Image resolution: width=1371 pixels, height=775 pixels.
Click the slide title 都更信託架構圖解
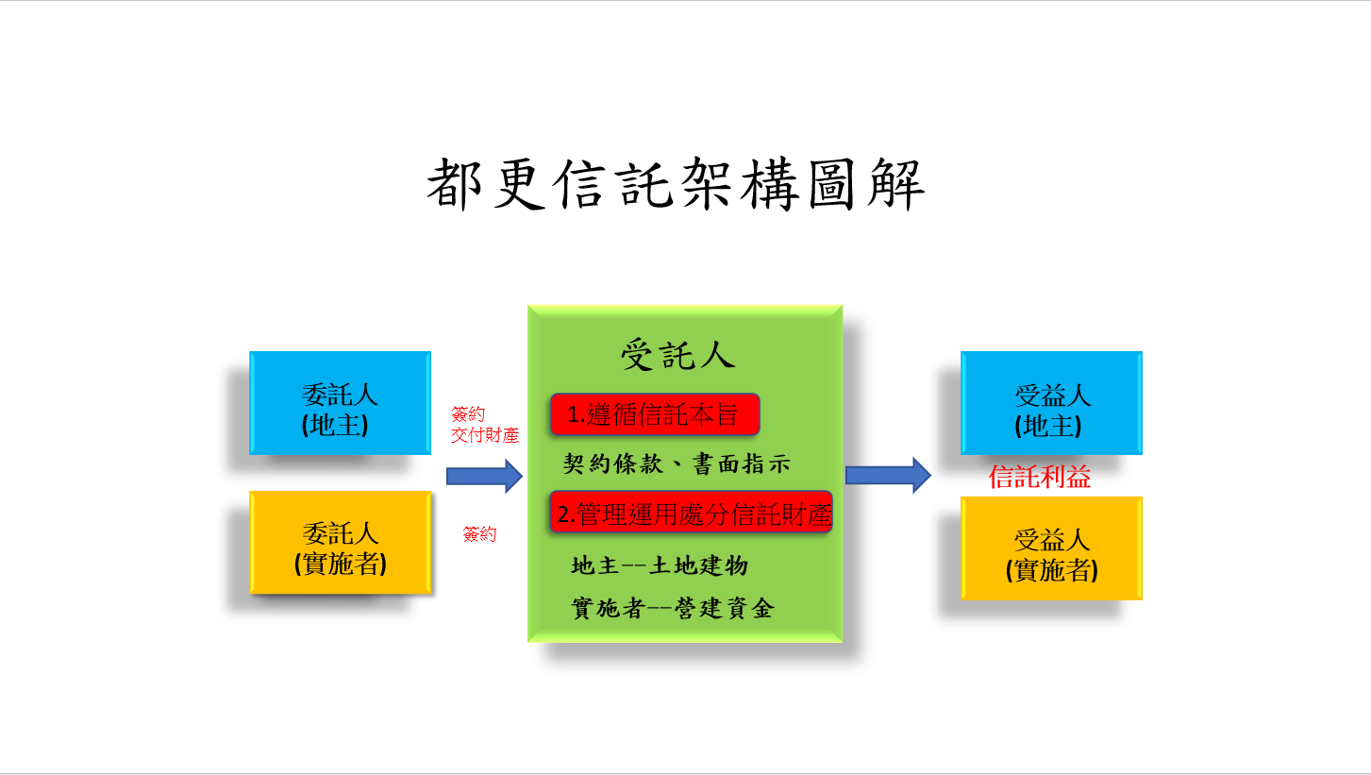pyautogui.click(x=676, y=184)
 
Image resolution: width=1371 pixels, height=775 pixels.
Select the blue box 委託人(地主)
pyautogui.click(x=341, y=403)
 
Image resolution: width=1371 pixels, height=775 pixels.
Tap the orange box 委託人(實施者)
pyautogui.click(x=341, y=543)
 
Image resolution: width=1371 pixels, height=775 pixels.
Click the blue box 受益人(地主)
pyautogui.click(x=1051, y=403)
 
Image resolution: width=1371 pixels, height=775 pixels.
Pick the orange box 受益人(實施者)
pyautogui.click(x=1051, y=548)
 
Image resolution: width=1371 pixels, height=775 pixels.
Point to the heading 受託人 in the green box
pyautogui.click(x=678, y=354)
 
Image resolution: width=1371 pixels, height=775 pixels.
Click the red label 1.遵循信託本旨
pyautogui.click(x=655, y=414)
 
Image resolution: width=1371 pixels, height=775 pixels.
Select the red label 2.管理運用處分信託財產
pyautogui.click(x=691, y=512)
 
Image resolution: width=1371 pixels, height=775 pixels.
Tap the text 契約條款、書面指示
pyautogui.click(x=677, y=463)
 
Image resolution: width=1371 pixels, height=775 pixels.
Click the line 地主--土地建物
pyautogui.click(x=660, y=565)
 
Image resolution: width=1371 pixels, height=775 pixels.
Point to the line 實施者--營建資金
pyautogui.click(x=673, y=608)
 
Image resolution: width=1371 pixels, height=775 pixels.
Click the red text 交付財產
pyautogui.click(x=485, y=435)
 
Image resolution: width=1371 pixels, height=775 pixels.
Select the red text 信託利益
pyautogui.click(x=1039, y=477)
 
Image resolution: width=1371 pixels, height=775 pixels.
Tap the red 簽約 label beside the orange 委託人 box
pyautogui.click(x=479, y=533)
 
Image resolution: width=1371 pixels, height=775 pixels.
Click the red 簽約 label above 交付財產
pyautogui.click(x=468, y=413)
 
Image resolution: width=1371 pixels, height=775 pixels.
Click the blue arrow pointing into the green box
pyautogui.click(x=484, y=476)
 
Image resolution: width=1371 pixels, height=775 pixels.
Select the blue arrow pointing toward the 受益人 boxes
pyautogui.click(x=888, y=475)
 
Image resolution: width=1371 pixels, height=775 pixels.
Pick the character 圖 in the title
pyautogui.click(x=831, y=184)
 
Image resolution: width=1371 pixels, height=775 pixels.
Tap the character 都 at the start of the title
pyautogui.click(x=454, y=184)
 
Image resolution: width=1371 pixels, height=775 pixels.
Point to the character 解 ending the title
pyautogui.click(x=896, y=184)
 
